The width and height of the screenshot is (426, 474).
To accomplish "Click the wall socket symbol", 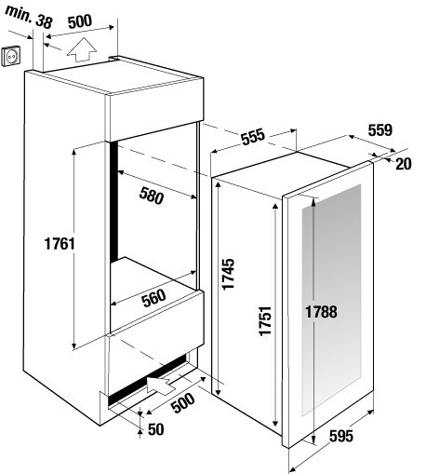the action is [x=11, y=55].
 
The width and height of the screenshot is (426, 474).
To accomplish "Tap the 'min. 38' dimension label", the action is [x=29, y=17].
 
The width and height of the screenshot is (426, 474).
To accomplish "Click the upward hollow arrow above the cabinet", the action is [x=82, y=49].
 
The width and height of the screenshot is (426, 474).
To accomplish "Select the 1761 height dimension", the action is [x=60, y=244].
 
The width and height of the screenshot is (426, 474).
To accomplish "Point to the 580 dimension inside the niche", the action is [x=152, y=196].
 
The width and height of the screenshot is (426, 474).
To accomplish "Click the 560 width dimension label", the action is [x=153, y=298].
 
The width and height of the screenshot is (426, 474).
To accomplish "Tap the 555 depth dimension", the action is [x=253, y=136].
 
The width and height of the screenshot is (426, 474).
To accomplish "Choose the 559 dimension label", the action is [x=380, y=130].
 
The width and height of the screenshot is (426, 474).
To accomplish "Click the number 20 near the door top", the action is [x=404, y=164].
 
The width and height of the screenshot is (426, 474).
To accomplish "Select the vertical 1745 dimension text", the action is [x=229, y=274].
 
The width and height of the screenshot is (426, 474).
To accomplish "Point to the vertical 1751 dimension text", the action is [x=266, y=320].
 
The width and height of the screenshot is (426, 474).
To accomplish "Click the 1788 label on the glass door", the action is [x=321, y=312].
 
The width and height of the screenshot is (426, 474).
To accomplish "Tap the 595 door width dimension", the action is [x=341, y=436].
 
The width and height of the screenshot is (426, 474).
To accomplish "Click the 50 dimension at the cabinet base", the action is [x=155, y=429].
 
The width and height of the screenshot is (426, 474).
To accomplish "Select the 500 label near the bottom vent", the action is [x=183, y=403].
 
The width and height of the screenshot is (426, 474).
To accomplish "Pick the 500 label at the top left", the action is [x=80, y=21].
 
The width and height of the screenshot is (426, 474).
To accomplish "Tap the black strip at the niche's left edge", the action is [x=114, y=201].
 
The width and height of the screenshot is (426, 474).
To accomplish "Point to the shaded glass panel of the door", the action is [x=331, y=300].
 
